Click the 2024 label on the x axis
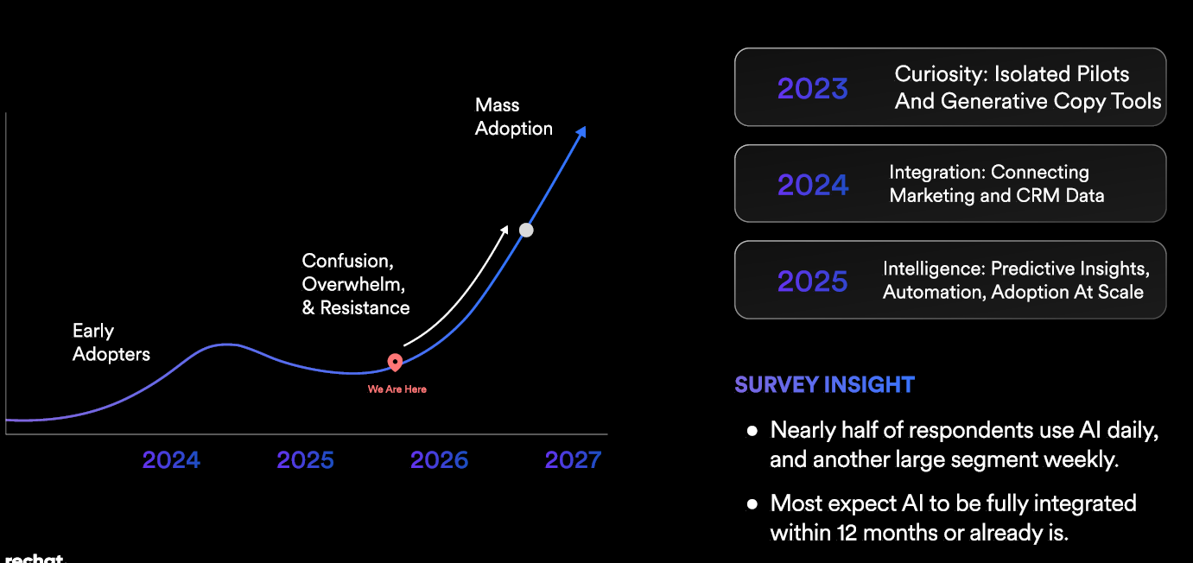click(171, 460)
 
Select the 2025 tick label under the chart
click(305, 460)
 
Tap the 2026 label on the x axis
click(439, 460)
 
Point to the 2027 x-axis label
click(573, 460)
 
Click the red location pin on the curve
click(395, 363)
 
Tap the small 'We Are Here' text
click(397, 389)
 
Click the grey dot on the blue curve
click(526, 230)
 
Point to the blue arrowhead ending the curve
click(582, 131)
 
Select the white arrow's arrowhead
click(505, 229)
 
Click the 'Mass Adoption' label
click(514, 117)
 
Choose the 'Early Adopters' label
click(111, 342)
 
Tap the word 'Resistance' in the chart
click(365, 307)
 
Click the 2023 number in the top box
click(812, 88)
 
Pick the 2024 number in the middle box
click(812, 185)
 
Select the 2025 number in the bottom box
click(812, 281)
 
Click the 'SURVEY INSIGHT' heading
click(824, 384)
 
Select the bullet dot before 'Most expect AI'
click(752, 503)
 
